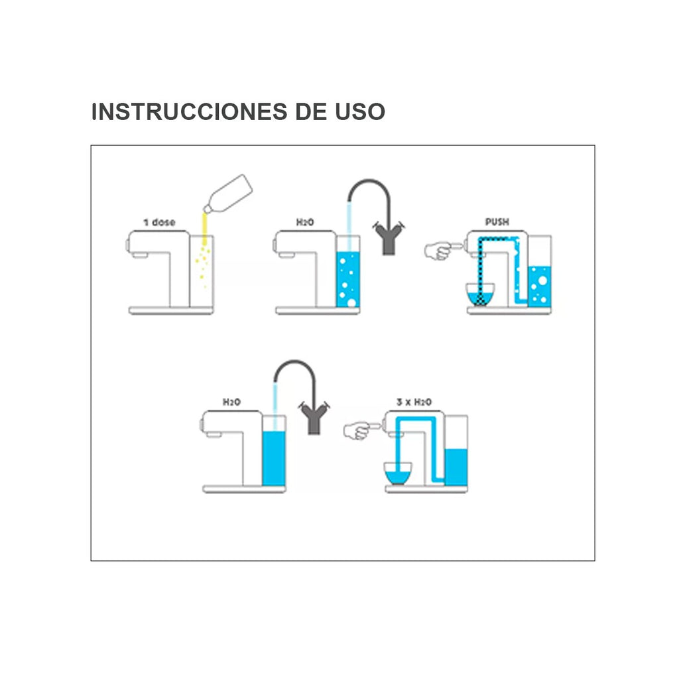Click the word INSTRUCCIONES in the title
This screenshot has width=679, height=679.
tap(189, 111)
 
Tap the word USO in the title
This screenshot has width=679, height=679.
tap(360, 111)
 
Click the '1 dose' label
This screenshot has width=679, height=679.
tap(159, 223)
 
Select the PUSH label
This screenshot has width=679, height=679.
tap(497, 222)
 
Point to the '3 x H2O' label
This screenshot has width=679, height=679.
tap(414, 402)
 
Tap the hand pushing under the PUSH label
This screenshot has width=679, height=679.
tap(439, 251)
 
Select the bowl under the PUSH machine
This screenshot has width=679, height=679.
tap(480, 294)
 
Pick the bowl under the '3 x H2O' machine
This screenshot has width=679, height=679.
tap(398, 473)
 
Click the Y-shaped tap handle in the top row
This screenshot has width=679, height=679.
tap(389, 238)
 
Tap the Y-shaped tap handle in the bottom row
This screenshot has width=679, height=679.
tap(314, 418)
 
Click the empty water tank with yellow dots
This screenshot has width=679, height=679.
tap(202, 271)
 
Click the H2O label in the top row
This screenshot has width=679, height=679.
tap(305, 223)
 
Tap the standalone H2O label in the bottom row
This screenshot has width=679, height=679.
tap(231, 402)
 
